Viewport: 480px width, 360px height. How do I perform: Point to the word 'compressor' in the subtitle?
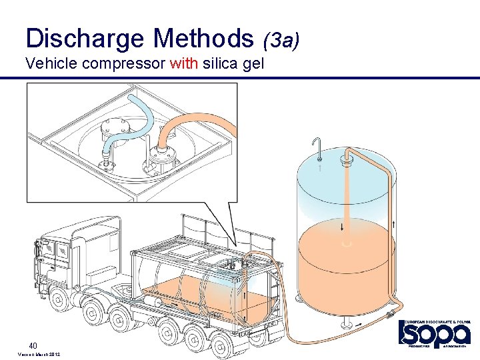(x=117, y=65)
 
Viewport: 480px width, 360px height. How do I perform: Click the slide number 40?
(x=32, y=345)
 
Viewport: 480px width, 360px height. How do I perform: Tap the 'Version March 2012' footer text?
(x=39, y=354)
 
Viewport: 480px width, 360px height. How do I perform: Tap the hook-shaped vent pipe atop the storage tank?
(x=319, y=147)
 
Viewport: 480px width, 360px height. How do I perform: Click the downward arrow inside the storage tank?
(x=343, y=227)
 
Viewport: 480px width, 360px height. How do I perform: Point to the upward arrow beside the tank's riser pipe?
(x=395, y=224)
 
